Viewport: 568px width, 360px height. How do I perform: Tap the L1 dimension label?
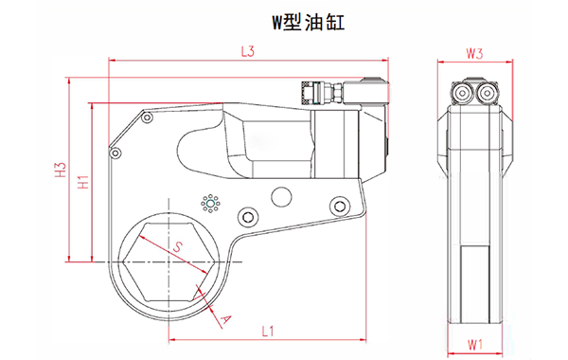click(x=267, y=332)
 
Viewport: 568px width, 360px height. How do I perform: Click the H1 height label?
click(x=82, y=181)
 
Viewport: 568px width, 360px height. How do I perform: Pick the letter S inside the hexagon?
click(x=177, y=247)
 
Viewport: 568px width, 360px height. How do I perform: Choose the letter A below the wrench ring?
click(x=226, y=319)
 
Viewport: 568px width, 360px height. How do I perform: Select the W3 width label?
click(x=475, y=54)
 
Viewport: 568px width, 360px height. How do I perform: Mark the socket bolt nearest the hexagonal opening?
click(x=247, y=218)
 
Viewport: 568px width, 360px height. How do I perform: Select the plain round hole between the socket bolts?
click(x=280, y=197)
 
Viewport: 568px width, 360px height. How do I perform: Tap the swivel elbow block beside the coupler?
click(x=364, y=90)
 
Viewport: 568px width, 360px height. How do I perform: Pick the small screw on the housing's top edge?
click(x=147, y=117)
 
